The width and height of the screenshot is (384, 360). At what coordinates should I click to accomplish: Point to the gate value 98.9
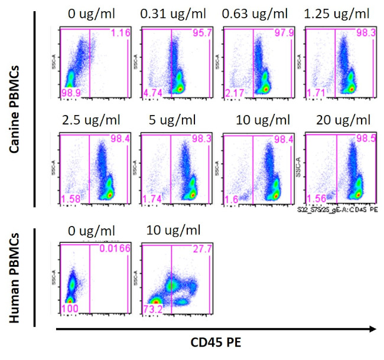[x=70, y=94]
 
